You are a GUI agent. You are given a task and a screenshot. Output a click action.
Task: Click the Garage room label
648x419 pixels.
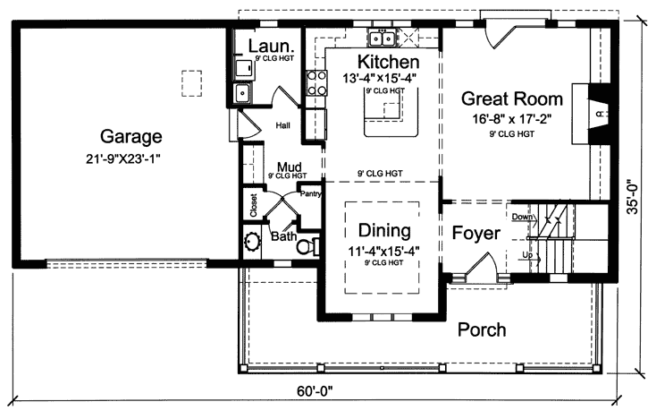pos(130,137)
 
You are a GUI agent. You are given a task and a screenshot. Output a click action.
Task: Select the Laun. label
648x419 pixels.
pos(266,46)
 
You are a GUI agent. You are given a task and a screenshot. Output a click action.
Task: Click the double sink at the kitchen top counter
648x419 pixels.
pos(383,38)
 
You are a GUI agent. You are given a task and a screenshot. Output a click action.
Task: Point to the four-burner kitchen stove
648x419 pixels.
pos(316,82)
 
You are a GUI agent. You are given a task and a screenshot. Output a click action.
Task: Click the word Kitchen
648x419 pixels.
pos(388,62)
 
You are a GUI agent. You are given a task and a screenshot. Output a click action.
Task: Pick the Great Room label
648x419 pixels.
pos(511,99)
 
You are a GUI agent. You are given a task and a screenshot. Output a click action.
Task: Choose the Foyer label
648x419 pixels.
pos(475,234)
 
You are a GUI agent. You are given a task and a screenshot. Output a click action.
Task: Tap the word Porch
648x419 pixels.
pos(482,329)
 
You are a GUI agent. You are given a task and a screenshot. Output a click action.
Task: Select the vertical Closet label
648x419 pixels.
pos(254,207)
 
